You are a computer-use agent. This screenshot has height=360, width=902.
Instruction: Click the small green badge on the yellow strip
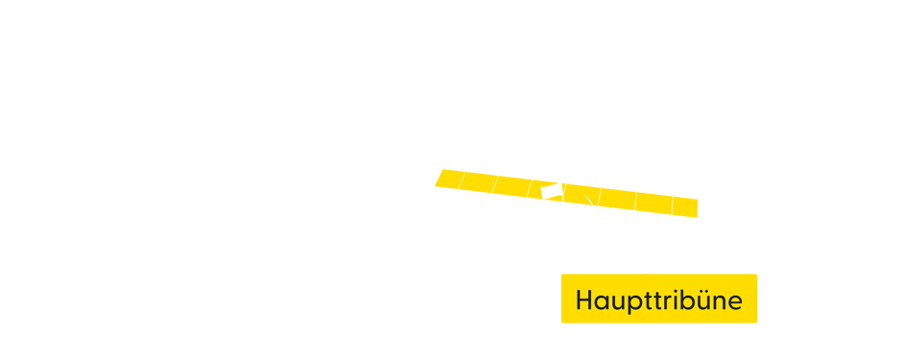tap(551, 192)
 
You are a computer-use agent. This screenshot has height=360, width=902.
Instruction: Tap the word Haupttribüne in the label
tap(658, 300)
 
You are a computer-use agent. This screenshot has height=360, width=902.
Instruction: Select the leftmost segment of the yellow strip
tap(449, 179)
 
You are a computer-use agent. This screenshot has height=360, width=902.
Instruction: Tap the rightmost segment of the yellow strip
tap(685, 207)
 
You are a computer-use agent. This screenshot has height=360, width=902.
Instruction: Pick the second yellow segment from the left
tap(478, 182)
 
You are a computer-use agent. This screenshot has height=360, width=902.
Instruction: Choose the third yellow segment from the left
tap(512, 186)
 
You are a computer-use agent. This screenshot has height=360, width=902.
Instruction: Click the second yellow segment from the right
tap(653, 204)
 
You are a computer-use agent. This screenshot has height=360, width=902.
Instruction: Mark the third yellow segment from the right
tap(618, 199)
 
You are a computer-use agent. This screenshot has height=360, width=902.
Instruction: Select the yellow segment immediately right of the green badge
tap(582, 195)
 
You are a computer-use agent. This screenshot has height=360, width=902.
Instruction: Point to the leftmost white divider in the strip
tap(462, 180)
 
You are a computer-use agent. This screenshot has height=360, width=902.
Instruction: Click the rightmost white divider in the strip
tap(672, 205)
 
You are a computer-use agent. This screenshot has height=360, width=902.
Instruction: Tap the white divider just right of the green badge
tap(565, 193)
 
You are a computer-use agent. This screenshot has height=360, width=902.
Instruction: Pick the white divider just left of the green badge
tap(530, 188)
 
